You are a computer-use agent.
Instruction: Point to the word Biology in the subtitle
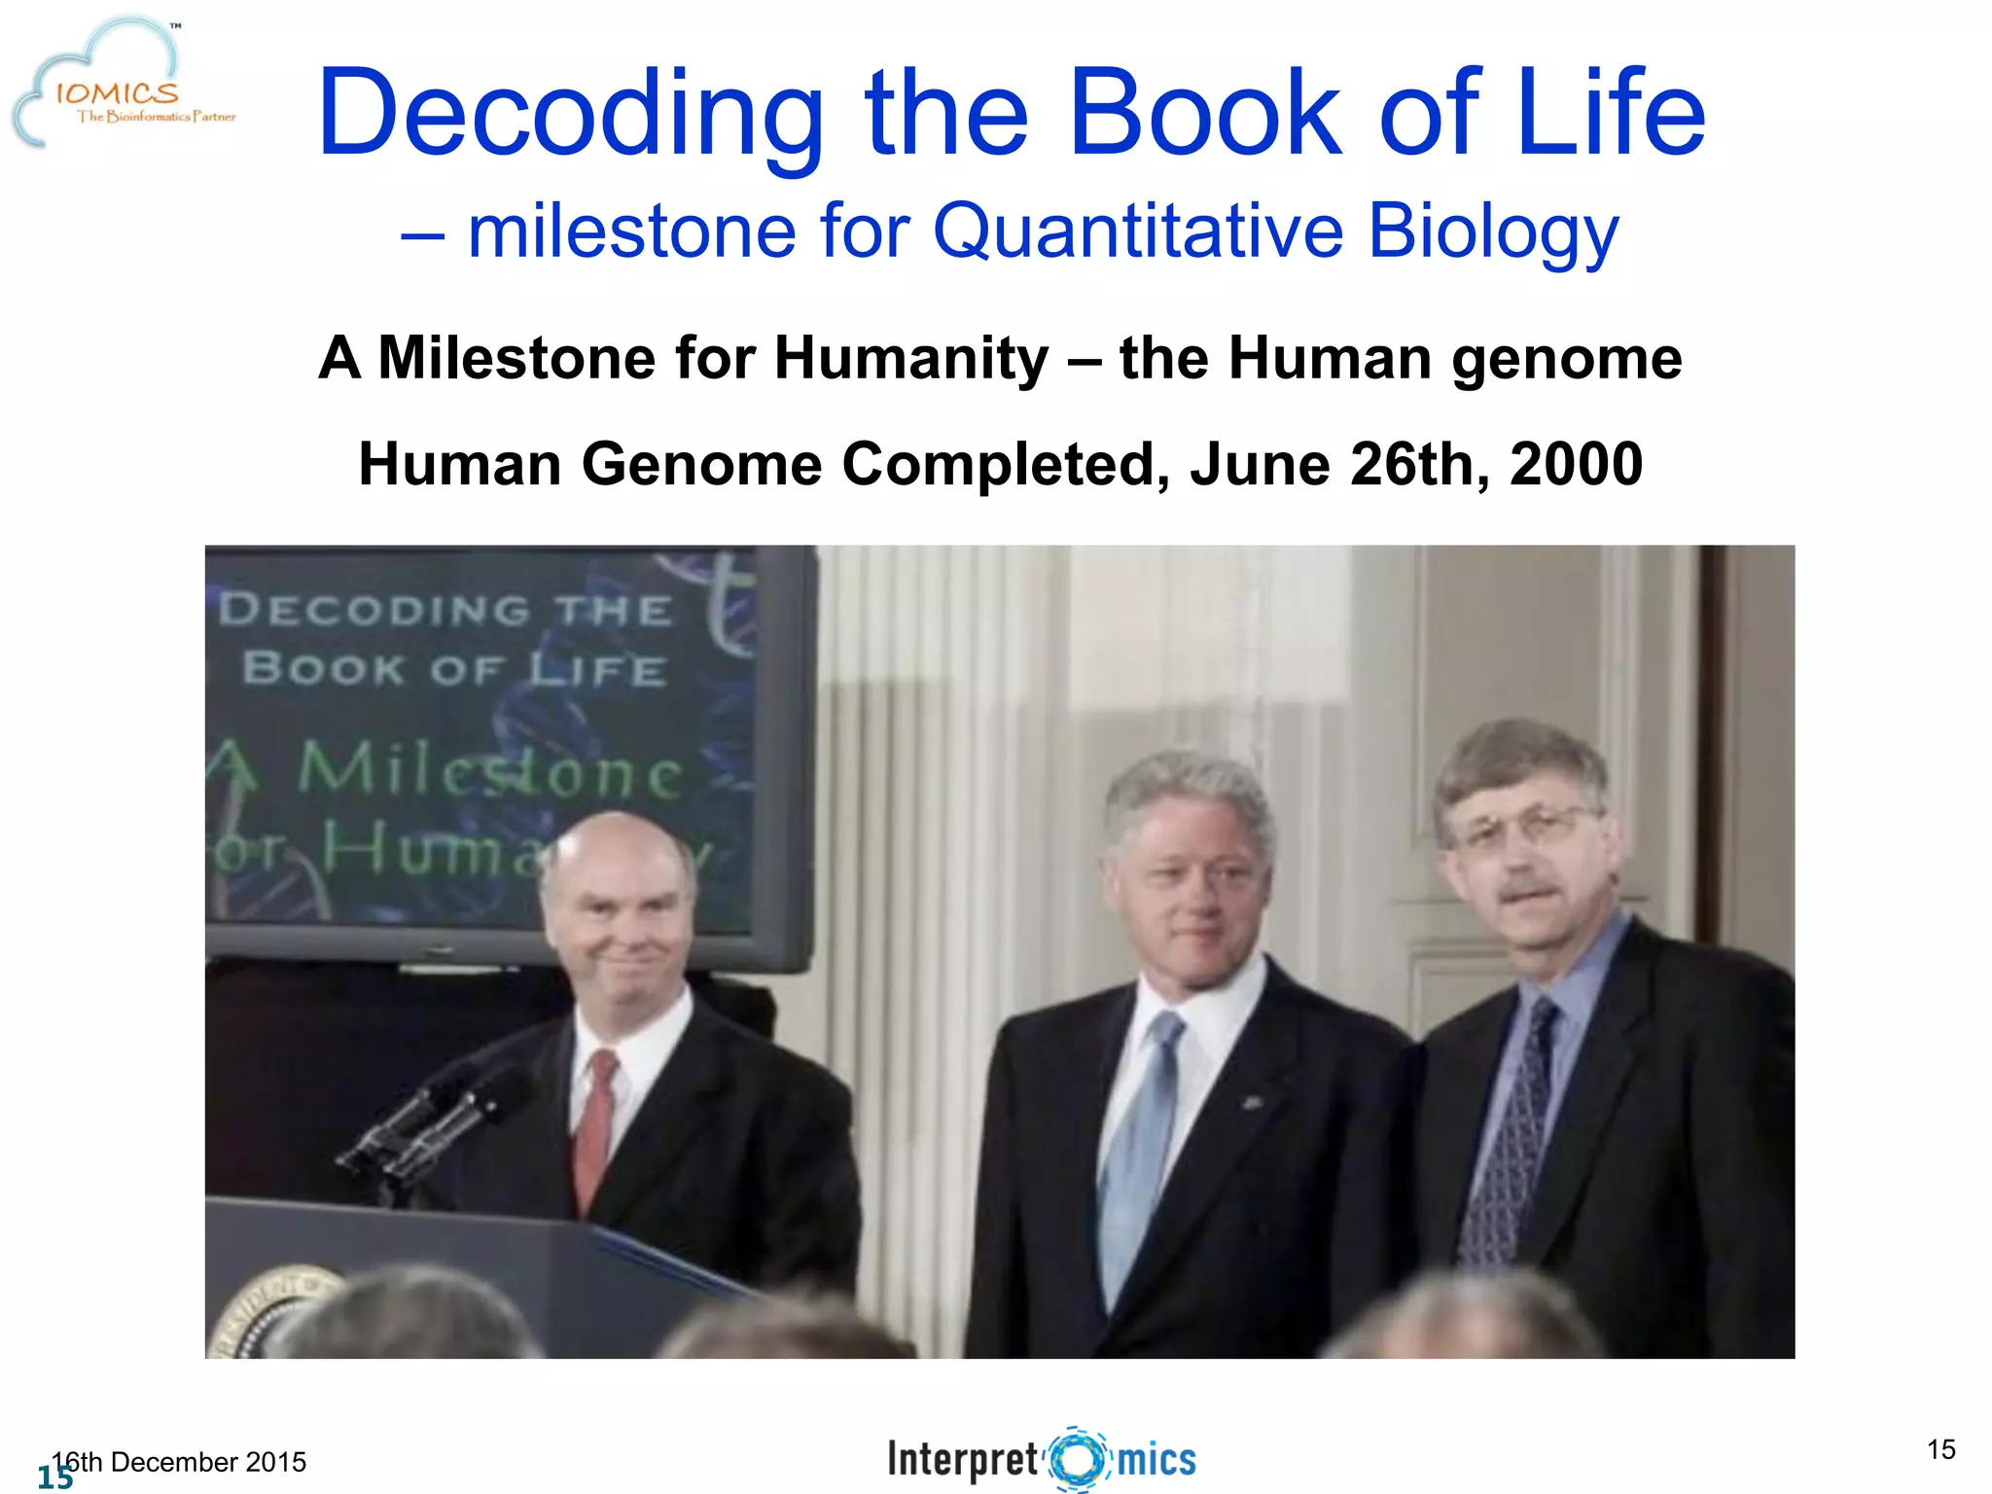pyautogui.click(x=1493, y=233)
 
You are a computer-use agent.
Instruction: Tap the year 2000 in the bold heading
pyautogui.click(x=1576, y=464)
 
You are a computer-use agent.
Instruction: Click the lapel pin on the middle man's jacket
pyautogui.click(x=1252, y=1102)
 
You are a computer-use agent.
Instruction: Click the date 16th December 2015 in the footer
pyautogui.click(x=180, y=1462)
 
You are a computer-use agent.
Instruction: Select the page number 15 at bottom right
pyautogui.click(x=1940, y=1449)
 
